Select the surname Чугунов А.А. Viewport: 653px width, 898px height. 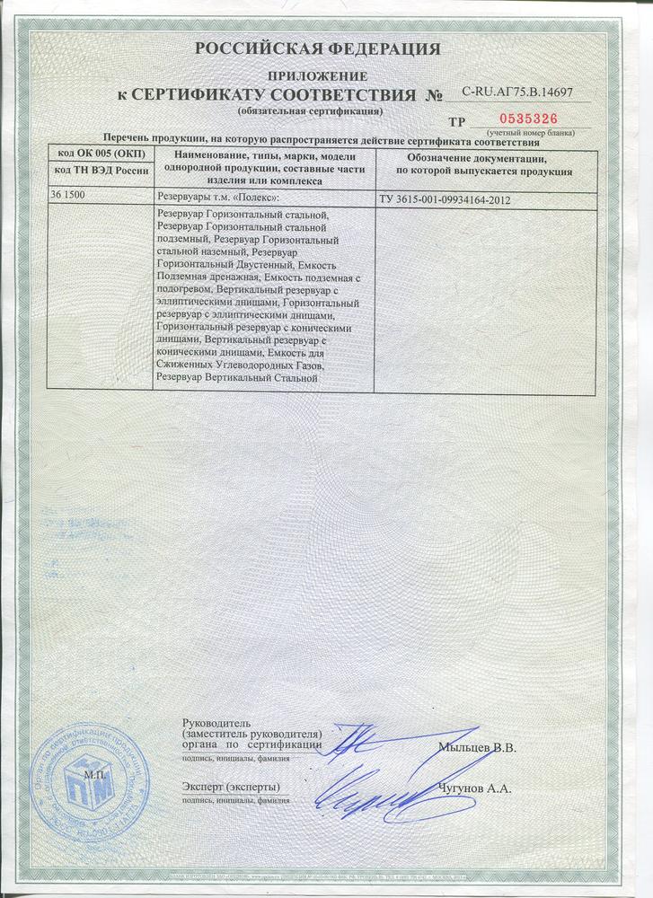pyautogui.click(x=475, y=789)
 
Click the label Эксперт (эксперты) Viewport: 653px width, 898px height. pyautogui.click(x=224, y=788)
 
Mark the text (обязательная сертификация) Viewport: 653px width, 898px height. pyautogui.click(x=310, y=110)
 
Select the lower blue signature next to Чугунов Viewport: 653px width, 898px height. pyautogui.click(x=377, y=790)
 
